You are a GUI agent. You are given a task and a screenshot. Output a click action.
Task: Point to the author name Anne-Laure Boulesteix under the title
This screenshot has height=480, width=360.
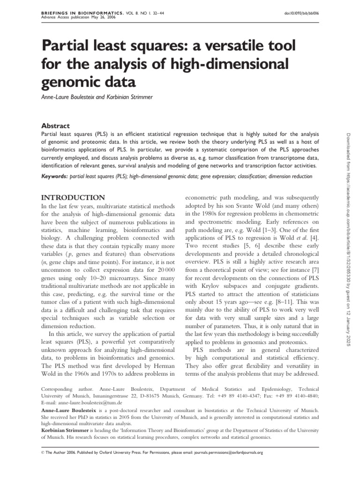[70, 97]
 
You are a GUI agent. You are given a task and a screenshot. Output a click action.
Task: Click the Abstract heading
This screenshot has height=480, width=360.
[56, 126]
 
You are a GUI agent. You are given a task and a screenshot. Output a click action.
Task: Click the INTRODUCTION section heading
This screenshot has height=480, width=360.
[74, 197]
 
